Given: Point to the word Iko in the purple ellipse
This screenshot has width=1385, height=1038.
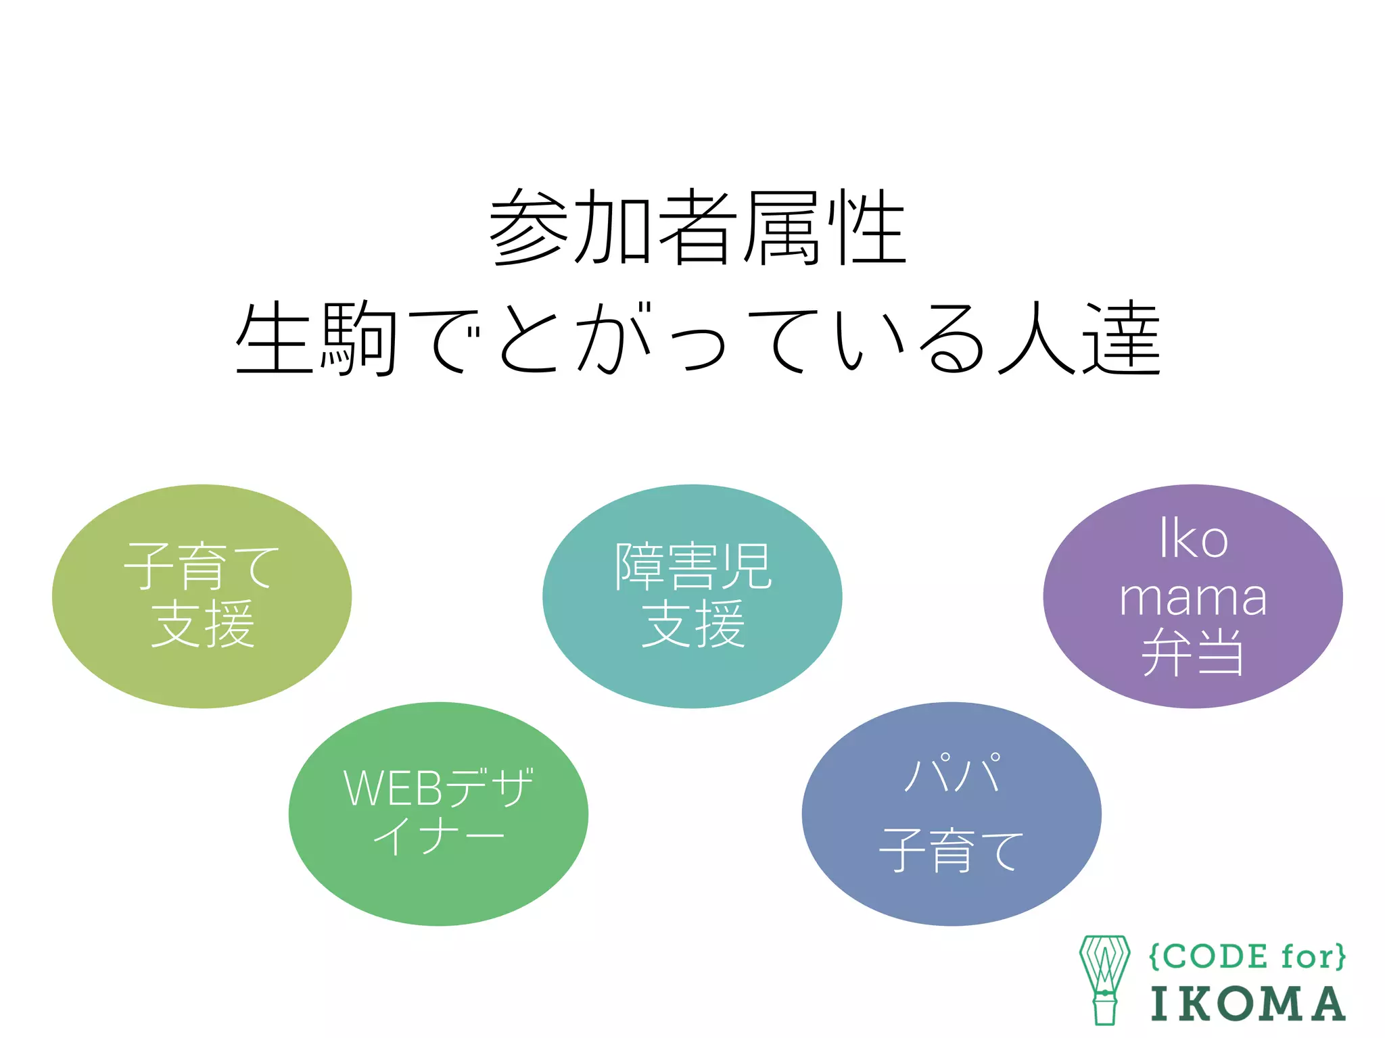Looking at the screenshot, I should click(x=1193, y=539).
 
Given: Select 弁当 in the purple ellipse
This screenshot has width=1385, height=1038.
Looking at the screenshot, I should click(x=1193, y=652).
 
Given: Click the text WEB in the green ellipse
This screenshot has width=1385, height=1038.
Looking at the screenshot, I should click(x=392, y=788).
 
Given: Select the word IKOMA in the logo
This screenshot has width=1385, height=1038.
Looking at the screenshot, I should click(x=1248, y=1004).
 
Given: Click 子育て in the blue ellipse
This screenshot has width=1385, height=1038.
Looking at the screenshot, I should click(x=952, y=849).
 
